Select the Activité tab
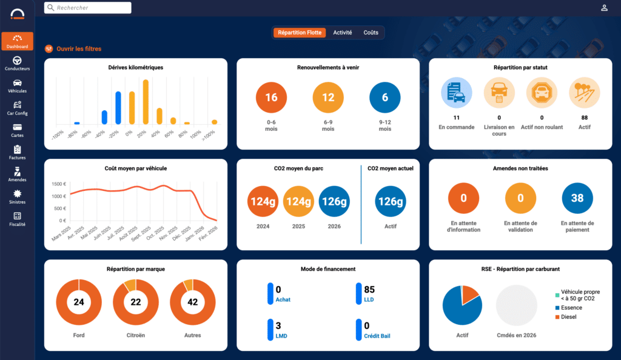click(342, 33)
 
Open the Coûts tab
click(371, 33)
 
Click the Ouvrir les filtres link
click(79, 48)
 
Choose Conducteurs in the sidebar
click(17, 64)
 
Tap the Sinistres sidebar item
click(17, 197)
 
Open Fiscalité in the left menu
click(17, 219)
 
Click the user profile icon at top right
click(604, 8)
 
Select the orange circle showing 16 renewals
click(271, 98)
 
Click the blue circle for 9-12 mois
click(385, 98)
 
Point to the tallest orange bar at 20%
click(146, 101)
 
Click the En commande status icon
click(456, 93)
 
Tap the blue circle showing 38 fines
click(577, 198)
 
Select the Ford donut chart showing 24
click(79, 302)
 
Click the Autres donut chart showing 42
click(193, 302)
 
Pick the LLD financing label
click(369, 299)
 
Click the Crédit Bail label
click(378, 335)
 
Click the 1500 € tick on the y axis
click(59, 184)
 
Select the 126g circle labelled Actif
click(391, 201)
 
